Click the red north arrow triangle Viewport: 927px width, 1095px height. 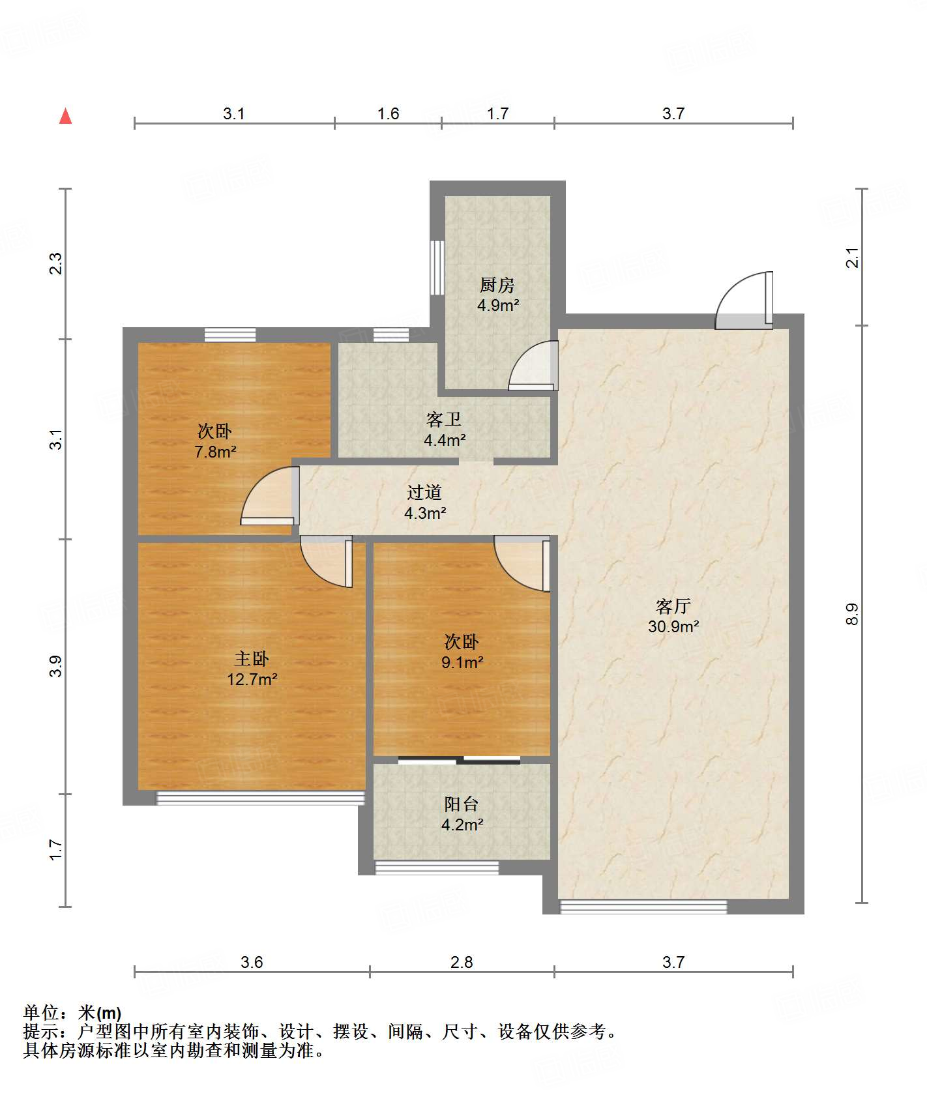65,116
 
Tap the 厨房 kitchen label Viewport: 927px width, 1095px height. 497,285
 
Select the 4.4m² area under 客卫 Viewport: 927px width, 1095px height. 445,440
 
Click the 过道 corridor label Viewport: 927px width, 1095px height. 424,492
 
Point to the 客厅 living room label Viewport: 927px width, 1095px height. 673,606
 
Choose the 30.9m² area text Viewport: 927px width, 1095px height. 673,626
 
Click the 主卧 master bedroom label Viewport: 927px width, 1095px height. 252,659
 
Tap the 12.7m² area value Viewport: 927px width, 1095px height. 252,679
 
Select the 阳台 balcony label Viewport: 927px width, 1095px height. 462,804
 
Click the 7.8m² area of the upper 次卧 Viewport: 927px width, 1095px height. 215,452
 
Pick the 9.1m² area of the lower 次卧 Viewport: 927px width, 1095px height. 462,662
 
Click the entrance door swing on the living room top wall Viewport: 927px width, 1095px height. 744,300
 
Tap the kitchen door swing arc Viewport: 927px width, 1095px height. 533,366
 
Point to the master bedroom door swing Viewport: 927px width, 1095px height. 327,561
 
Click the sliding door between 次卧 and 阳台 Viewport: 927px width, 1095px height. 459,760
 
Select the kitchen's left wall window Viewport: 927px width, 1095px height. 437,268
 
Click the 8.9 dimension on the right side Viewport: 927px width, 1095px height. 852,614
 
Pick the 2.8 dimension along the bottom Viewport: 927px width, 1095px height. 462,962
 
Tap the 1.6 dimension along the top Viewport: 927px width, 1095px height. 388,113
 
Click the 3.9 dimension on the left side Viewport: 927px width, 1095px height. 56,666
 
